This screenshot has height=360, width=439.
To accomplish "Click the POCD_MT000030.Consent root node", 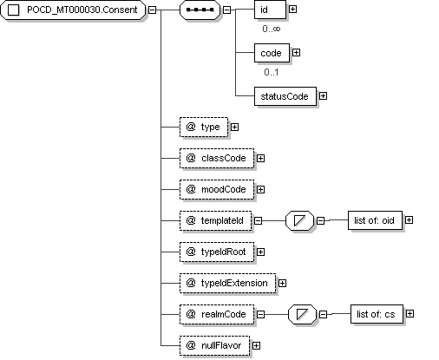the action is (x=73, y=10).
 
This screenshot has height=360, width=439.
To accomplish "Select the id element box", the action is (x=270, y=10).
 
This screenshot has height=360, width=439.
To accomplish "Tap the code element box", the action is (x=272, y=53).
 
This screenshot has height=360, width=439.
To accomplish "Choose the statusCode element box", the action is (x=285, y=96).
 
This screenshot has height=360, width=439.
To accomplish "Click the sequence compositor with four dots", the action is (x=200, y=10).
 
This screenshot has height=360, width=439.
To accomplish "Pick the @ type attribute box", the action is (x=204, y=127).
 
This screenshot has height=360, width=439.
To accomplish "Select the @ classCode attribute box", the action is (x=217, y=158).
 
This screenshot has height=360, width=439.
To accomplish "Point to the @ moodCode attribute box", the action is (x=217, y=189).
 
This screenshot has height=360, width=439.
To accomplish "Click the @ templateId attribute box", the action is (x=216, y=220).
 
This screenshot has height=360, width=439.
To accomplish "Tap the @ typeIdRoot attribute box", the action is (x=217, y=252).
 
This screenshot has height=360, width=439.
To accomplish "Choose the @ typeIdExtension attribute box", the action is (x=228, y=283).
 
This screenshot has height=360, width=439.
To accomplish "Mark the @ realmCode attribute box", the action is (x=217, y=314).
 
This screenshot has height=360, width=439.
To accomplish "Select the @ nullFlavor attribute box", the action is (x=214, y=345).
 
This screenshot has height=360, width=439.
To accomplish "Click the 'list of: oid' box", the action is (x=375, y=220).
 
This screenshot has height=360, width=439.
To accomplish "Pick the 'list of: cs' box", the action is (x=377, y=314).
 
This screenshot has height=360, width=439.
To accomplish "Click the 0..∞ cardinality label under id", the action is (x=272, y=29).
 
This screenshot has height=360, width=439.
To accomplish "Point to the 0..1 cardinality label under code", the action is (x=272, y=72).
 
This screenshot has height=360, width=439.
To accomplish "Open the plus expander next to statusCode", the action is (x=323, y=96).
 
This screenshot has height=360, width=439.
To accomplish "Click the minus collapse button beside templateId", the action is (x=258, y=221).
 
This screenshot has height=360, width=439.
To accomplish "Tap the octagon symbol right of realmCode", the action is (x=302, y=314).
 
